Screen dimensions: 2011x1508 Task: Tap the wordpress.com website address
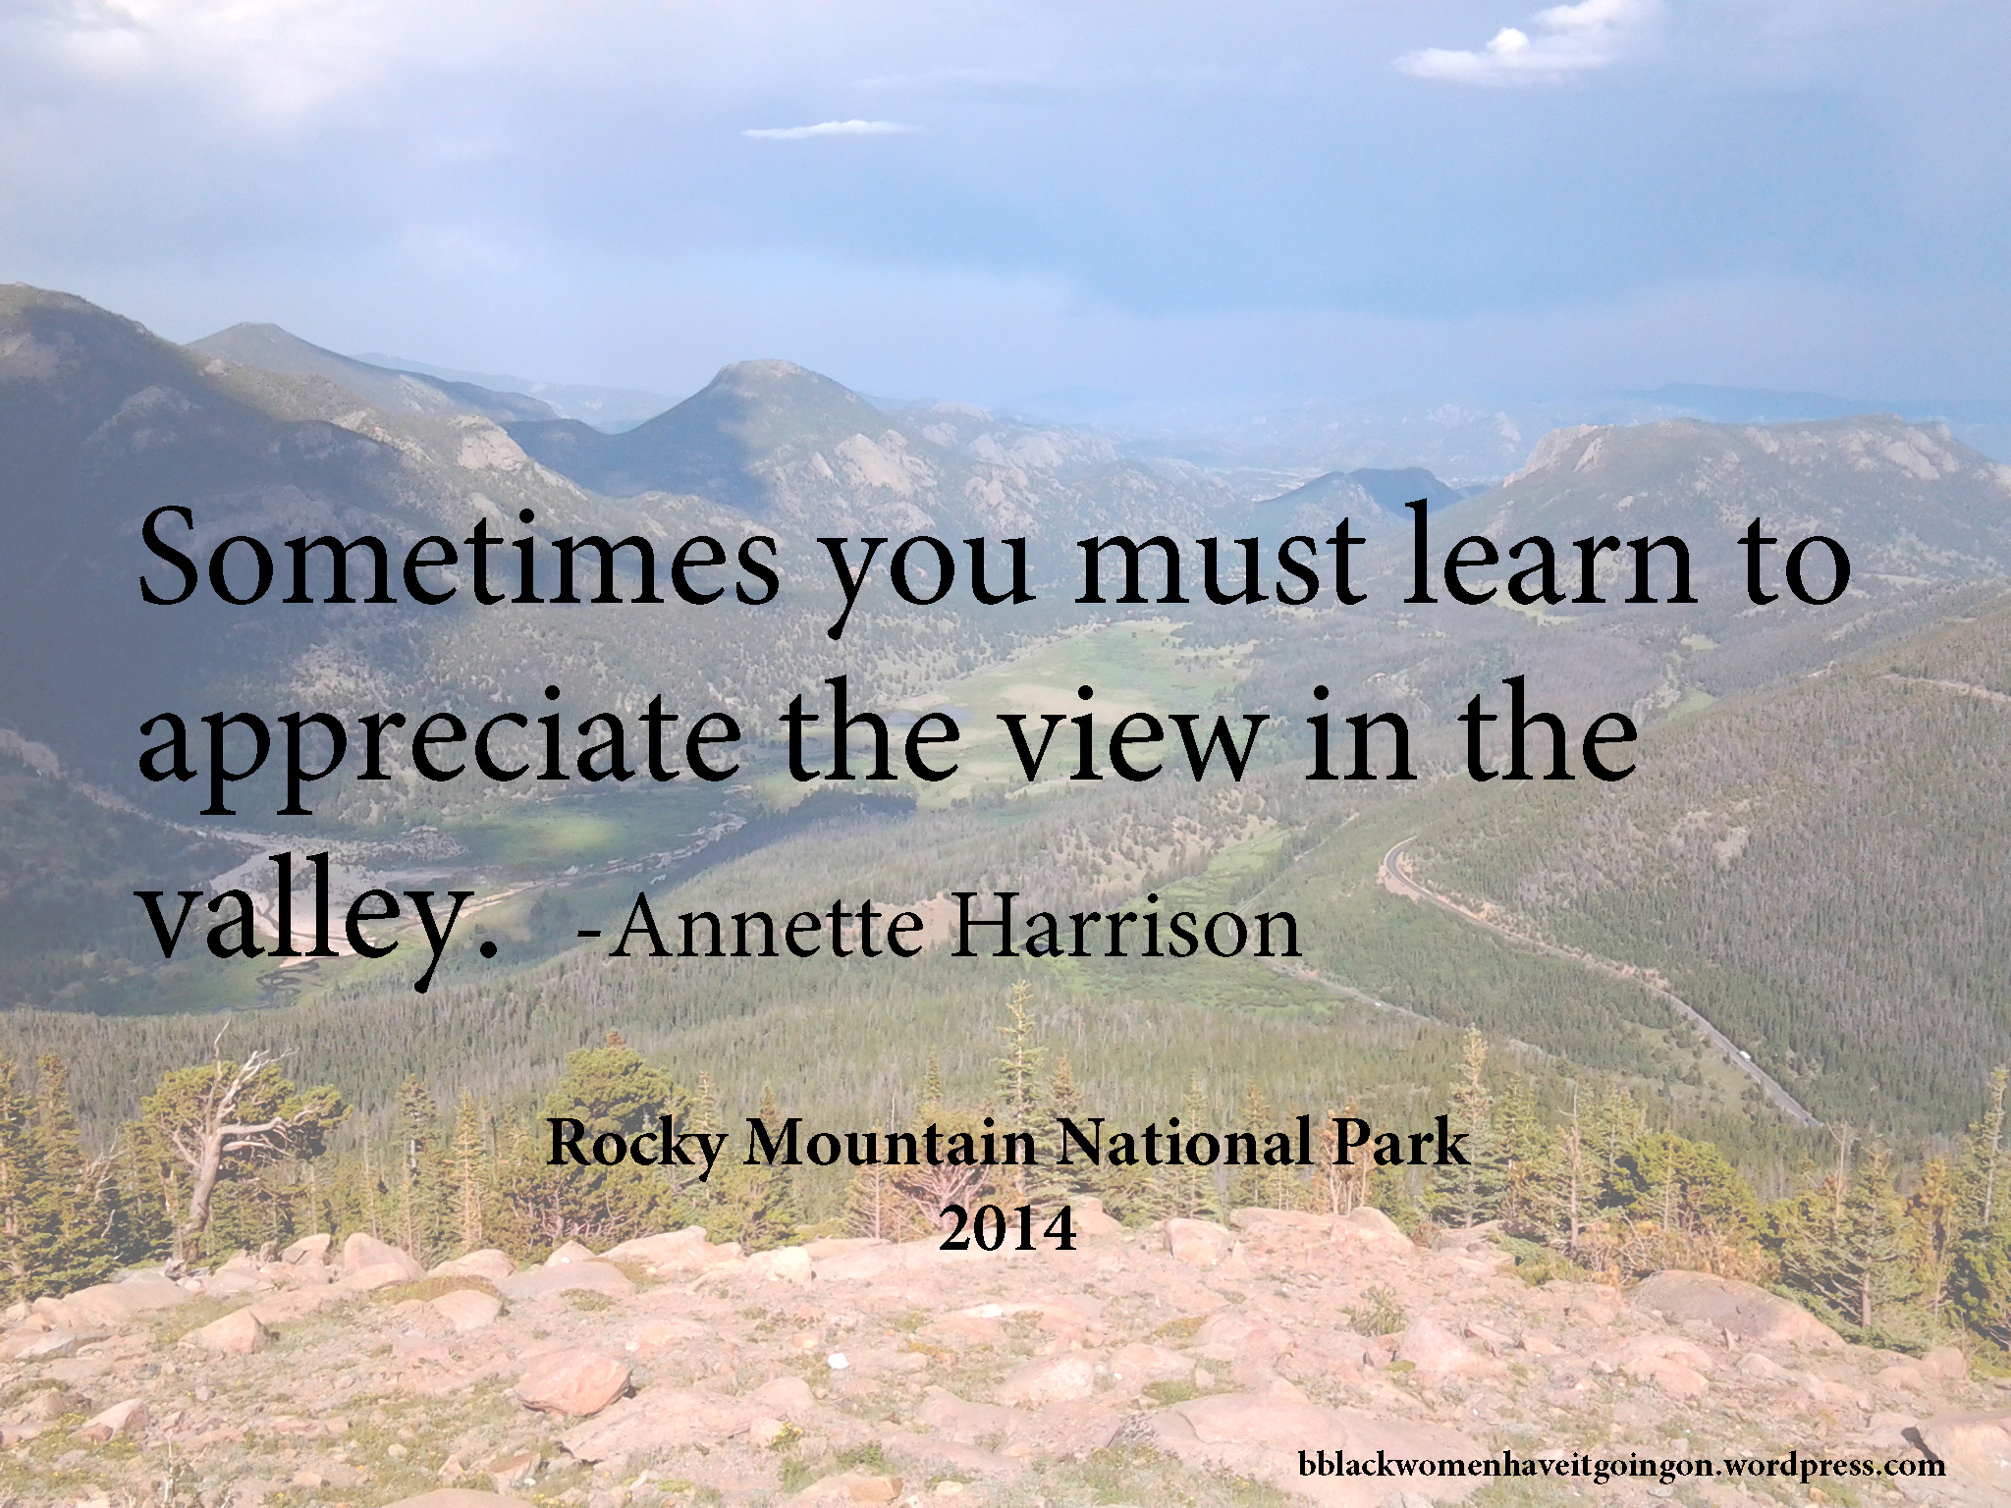click(1620, 1464)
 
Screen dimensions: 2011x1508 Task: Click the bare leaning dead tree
click(232, 1129)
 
